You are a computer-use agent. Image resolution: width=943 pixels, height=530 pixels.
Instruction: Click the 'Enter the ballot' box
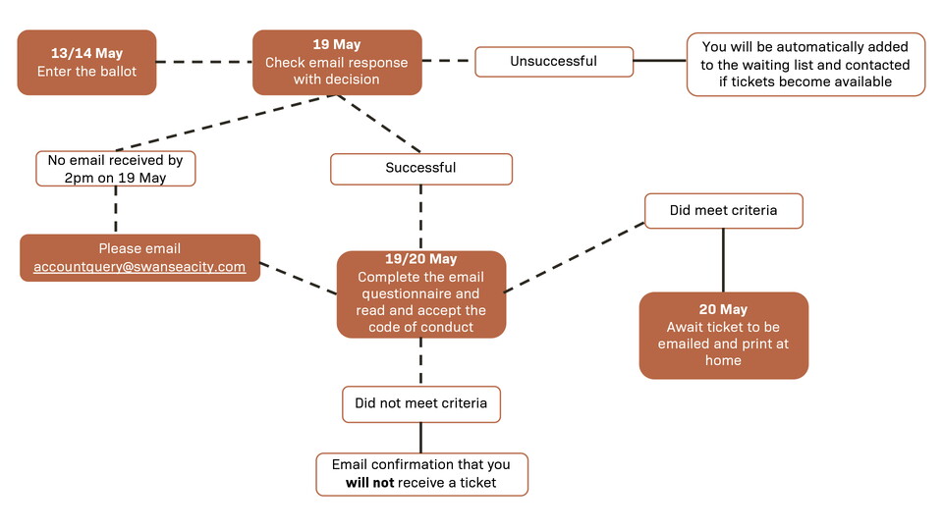(x=86, y=63)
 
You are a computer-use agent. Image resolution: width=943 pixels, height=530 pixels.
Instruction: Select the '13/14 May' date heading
(x=86, y=53)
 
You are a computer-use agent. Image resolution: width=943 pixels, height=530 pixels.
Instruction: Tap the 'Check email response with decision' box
(x=337, y=63)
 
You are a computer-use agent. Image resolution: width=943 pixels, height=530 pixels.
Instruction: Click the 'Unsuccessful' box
(x=553, y=62)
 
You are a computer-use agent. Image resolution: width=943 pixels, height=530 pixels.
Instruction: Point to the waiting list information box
(x=805, y=65)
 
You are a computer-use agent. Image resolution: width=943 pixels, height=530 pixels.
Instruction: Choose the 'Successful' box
(x=420, y=169)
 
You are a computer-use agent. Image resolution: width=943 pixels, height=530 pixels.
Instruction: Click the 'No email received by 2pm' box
(x=116, y=168)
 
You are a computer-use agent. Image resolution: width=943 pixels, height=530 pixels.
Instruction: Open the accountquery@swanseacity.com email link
(x=139, y=267)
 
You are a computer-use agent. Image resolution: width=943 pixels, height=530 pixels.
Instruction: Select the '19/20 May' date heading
(x=420, y=259)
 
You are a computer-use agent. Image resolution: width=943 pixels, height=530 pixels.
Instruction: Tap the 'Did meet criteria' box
(x=723, y=211)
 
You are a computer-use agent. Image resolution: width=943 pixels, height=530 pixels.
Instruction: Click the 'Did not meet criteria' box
(x=420, y=403)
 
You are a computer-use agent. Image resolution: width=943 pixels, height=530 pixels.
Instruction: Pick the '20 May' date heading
(x=723, y=309)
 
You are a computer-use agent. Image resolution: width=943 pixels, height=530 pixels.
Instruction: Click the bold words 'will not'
(x=369, y=483)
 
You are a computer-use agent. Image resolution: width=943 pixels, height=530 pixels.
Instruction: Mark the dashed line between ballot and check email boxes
(x=204, y=63)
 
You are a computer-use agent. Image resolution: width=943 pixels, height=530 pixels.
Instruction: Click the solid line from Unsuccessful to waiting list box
(x=659, y=61)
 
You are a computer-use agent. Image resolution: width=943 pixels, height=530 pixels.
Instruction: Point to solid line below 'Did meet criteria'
(x=723, y=260)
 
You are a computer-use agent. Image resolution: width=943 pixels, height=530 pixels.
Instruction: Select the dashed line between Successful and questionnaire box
(x=420, y=218)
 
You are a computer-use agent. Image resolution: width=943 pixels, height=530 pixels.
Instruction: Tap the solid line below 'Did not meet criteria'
(x=420, y=437)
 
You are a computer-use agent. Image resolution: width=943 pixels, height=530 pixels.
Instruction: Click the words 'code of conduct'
(x=420, y=327)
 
